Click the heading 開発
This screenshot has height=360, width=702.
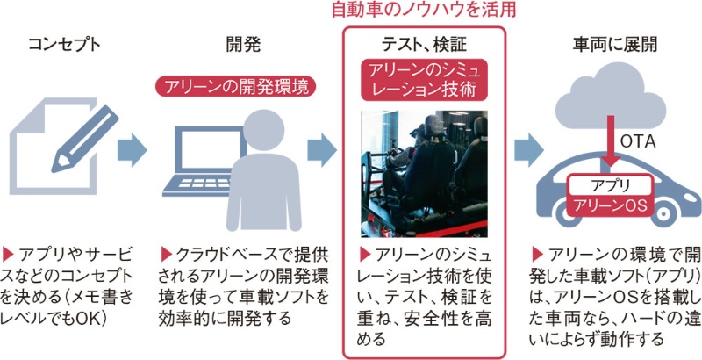click(243, 44)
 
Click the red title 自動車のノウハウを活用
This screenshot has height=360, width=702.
click(423, 11)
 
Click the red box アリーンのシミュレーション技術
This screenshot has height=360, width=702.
click(423, 78)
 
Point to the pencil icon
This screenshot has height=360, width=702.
click(84, 141)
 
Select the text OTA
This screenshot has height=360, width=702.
click(638, 140)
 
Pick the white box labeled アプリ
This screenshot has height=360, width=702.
click(608, 186)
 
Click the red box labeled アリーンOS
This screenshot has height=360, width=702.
click(608, 207)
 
